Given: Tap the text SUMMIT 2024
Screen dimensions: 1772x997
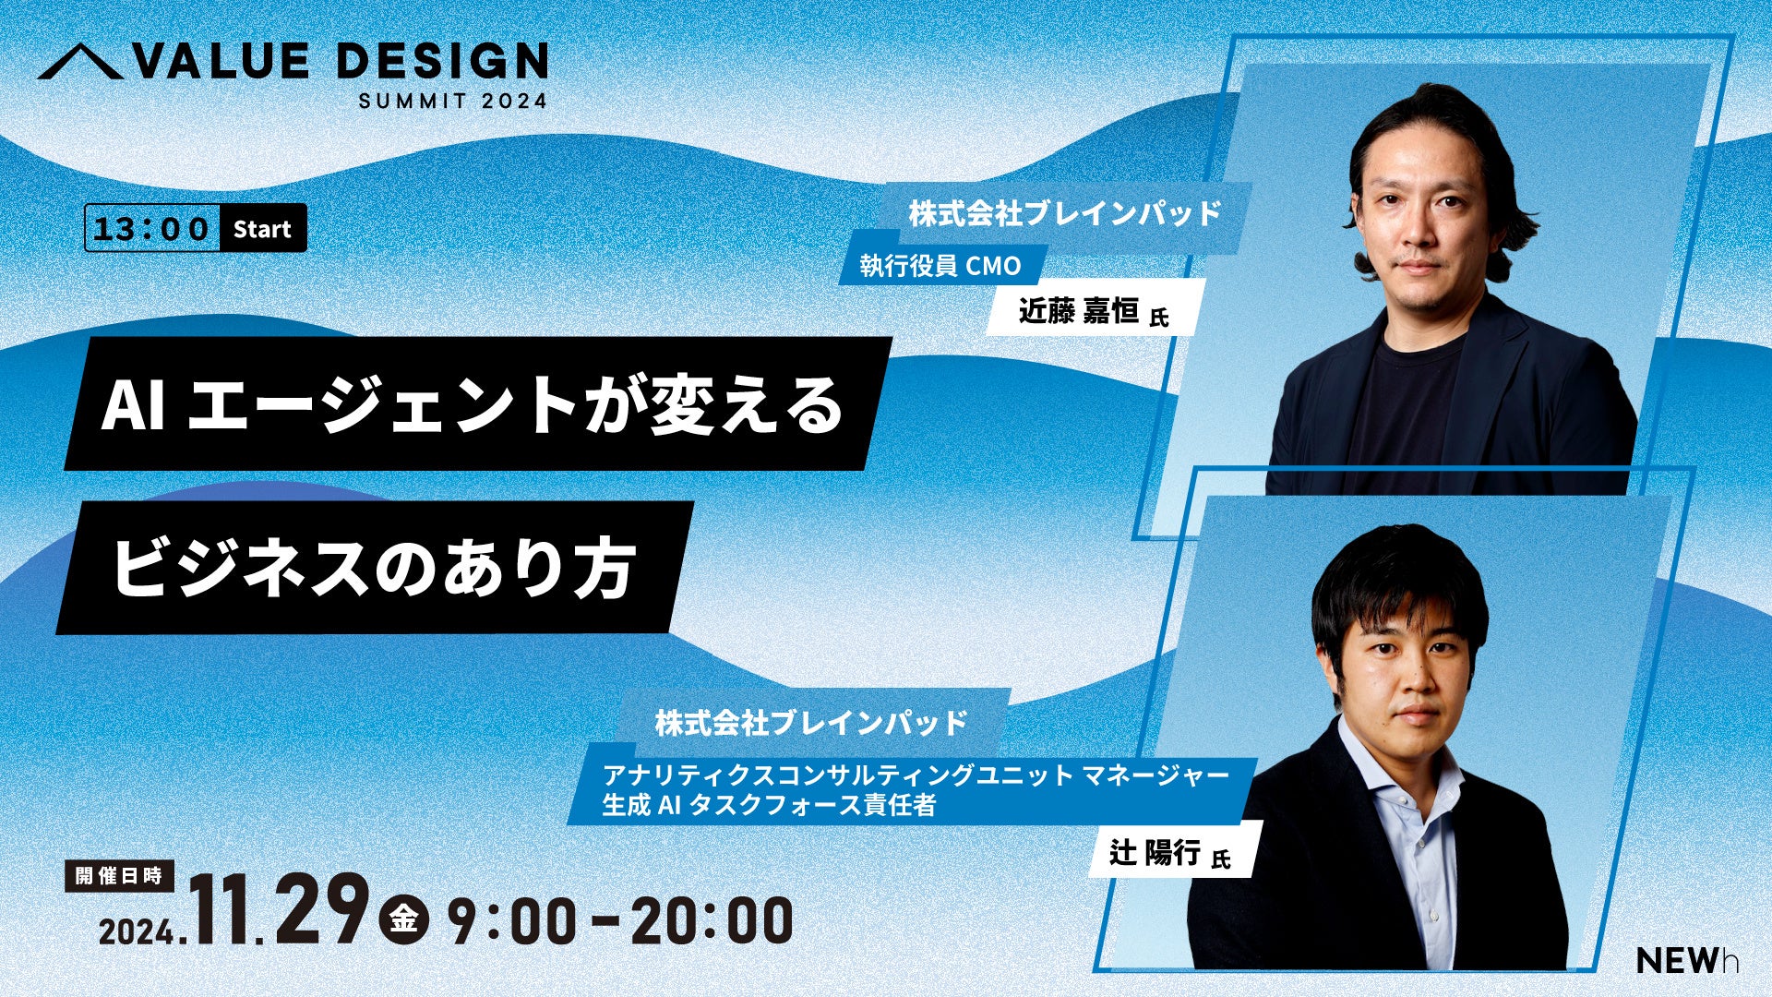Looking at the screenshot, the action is coord(453,101).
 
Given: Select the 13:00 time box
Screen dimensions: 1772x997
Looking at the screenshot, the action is coord(152,228).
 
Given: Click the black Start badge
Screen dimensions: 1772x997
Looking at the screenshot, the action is coord(262,228).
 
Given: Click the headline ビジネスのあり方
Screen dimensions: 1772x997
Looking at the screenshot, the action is coord(374,567).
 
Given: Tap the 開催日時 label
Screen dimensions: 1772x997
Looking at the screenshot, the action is coord(120,875).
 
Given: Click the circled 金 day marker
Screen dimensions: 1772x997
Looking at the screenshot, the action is coord(403,919).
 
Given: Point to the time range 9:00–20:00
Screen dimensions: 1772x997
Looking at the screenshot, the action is coord(620,920).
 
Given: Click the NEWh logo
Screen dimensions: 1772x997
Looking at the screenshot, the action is coord(1688,960).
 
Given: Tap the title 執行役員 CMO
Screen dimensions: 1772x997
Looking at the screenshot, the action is coord(940,266).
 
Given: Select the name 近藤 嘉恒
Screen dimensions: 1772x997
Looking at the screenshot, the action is coord(1078,310).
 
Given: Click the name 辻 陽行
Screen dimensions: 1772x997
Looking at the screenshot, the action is coord(1155,852).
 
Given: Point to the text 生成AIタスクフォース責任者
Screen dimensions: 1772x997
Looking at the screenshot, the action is coord(769,805).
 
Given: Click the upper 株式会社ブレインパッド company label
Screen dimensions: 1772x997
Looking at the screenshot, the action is coord(1065,214).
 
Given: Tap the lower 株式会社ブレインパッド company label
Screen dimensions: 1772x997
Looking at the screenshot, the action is coord(812,722).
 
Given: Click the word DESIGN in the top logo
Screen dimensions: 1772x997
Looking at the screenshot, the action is coord(442,62).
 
